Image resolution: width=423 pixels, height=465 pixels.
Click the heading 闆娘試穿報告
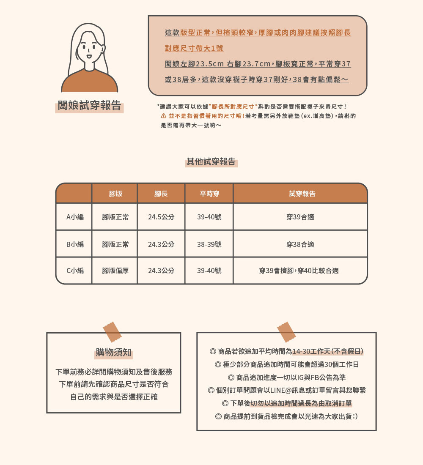point(89,106)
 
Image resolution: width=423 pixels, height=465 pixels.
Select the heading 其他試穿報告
point(211,161)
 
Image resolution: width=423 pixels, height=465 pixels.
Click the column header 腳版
point(115,194)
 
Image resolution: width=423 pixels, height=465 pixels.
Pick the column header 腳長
point(161,194)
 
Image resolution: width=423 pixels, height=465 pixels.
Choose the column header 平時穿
point(209,194)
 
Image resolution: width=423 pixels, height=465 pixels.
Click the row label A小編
point(75,217)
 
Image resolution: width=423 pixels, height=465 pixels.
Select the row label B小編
point(75,244)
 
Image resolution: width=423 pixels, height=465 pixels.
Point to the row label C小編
point(75,271)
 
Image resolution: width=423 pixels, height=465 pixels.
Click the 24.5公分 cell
point(161,217)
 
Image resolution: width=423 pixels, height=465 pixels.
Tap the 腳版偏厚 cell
point(115,271)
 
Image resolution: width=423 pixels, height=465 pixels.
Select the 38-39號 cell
point(209,244)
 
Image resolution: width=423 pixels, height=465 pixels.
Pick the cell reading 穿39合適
point(300,217)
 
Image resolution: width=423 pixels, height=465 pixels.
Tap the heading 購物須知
point(113,353)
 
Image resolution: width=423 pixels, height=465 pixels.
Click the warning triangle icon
point(163,116)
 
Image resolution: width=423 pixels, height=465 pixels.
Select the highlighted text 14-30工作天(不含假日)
point(327,351)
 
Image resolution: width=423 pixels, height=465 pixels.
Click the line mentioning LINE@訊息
point(287,390)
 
